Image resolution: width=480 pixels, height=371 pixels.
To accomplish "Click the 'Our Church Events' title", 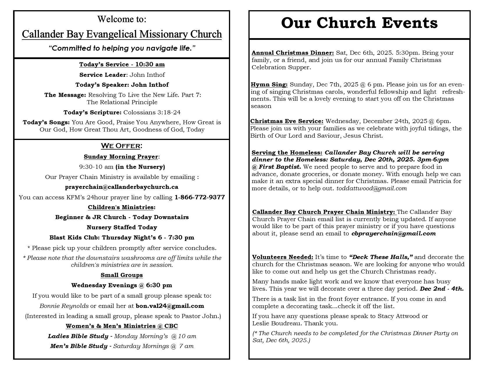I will tap(359, 23).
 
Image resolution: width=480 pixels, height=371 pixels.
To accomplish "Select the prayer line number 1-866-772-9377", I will tap(200, 197).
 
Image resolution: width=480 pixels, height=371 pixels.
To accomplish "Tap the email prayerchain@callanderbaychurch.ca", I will tap(122, 187).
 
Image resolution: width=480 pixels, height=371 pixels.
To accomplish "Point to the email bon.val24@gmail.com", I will tap(170, 306).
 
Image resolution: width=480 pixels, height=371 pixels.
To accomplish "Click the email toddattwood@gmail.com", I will tap(371, 188).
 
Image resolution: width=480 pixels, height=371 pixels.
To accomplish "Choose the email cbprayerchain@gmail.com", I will tap(393, 233).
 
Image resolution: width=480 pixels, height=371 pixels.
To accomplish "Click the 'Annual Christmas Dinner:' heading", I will tap(293, 53).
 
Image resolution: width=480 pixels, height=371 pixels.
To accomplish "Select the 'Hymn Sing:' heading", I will tap(269, 85).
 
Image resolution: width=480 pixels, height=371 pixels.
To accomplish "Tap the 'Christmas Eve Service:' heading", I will tap(287, 121).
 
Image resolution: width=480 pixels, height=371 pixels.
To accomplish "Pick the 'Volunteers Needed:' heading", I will tap(282, 257).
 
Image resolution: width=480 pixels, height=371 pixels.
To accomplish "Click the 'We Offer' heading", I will tap(121, 145).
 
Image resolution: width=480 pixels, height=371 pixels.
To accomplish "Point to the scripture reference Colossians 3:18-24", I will tap(152, 112).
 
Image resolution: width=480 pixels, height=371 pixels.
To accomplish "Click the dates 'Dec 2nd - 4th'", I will tap(442, 289).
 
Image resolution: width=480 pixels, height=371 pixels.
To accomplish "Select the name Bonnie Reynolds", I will tap(64, 306).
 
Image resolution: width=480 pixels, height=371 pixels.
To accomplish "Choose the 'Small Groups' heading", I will tap(122, 275).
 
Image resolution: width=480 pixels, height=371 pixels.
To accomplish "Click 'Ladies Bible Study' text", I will tap(78, 336).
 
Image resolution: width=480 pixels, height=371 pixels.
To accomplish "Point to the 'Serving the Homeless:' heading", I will tap(287, 152).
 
